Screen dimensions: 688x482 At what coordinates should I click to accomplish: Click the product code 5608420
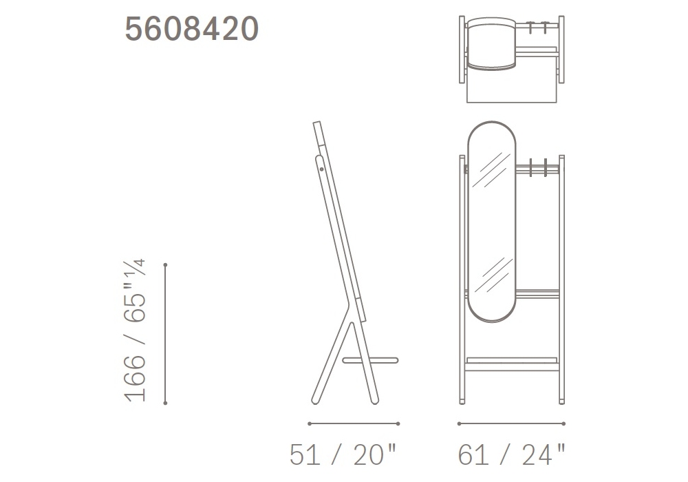(x=192, y=29)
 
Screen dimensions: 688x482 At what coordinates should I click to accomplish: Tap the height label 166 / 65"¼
(x=135, y=331)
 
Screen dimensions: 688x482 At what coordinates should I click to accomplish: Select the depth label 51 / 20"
(x=343, y=454)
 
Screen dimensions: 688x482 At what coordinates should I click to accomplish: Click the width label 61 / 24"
(x=512, y=454)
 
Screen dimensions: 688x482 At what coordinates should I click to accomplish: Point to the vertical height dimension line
(x=165, y=334)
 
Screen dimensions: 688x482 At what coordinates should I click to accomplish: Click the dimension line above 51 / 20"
(x=354, y=423)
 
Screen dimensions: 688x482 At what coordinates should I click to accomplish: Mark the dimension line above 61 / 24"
(x=511, y=423)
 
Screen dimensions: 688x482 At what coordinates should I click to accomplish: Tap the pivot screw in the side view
(x=321, y=169)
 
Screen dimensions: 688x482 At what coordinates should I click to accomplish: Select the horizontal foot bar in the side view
(x=370, y=361)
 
